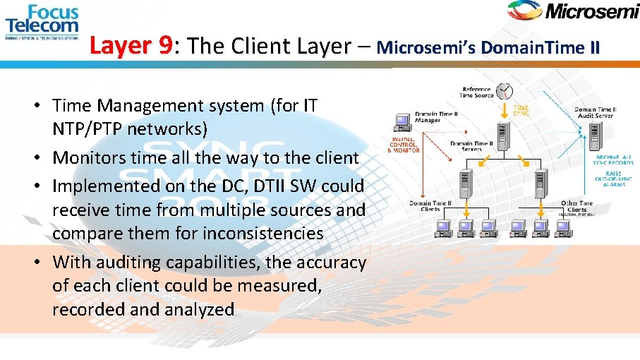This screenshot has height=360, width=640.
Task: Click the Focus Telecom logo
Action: coord(42,21)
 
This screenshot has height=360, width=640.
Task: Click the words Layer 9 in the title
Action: coord(131,47)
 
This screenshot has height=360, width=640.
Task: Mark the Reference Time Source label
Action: coord(476,92)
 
